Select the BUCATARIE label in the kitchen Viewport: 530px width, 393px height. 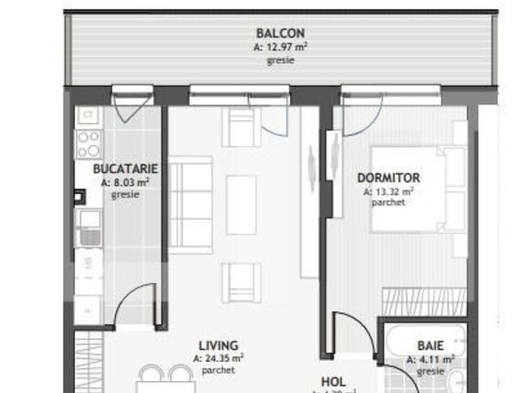126,169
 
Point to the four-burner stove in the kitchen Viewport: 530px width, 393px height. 89,144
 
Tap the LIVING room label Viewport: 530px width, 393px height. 220,345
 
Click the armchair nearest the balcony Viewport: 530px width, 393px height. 241,126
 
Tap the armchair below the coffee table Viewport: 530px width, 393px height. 241,282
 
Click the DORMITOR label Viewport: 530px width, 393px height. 388,178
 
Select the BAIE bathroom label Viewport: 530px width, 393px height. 430,345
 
